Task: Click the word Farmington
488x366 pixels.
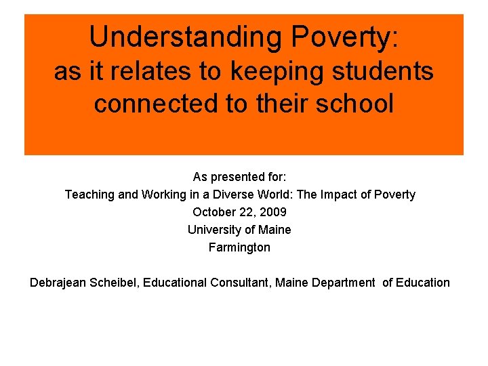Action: click(x=239, y=247)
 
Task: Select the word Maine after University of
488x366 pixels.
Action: click(x=275, y=230)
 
